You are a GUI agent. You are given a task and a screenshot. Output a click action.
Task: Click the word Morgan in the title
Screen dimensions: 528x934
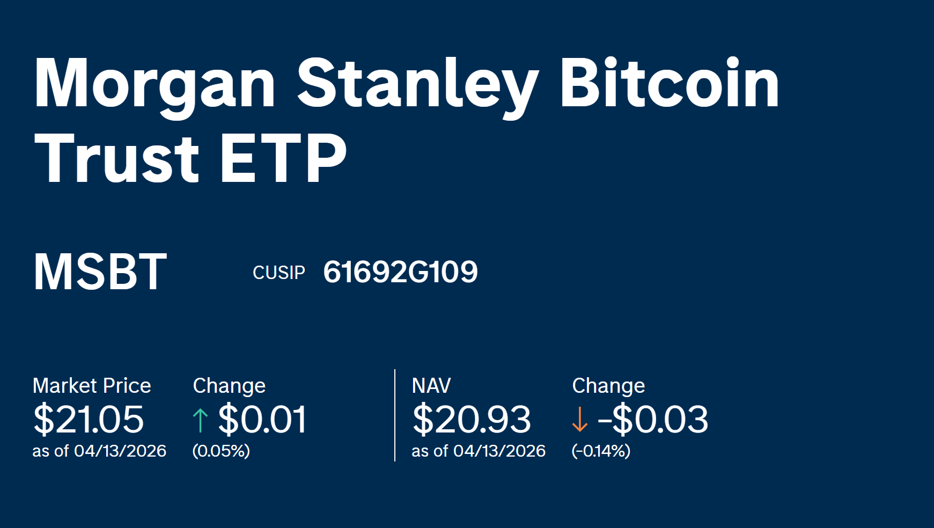click(155, 85)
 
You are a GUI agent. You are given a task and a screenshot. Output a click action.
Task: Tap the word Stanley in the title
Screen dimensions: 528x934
click(417, 85)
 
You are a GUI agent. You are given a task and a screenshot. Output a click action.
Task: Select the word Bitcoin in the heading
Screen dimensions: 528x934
click(669, 83)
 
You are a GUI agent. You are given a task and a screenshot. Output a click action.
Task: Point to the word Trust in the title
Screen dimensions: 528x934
click(116, 158)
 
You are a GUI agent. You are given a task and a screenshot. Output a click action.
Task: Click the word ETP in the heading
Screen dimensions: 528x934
click(283, 158)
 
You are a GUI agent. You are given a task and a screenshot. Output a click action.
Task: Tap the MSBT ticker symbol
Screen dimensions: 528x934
click(100, 272)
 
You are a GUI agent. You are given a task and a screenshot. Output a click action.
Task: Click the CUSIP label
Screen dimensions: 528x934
click(278, 273)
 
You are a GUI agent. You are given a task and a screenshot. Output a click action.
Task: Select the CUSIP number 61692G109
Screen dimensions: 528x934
click(400, 272)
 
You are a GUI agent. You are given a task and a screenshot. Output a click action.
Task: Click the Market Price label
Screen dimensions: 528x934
click(92, 386)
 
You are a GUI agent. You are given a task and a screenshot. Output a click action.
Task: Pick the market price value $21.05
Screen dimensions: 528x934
click(89, 419)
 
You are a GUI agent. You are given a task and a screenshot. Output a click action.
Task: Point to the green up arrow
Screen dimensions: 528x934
click(200, 420)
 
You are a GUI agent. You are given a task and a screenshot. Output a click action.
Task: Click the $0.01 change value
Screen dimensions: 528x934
click(262, 419)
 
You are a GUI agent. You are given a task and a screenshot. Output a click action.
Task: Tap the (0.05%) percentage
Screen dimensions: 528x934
click(221, 451)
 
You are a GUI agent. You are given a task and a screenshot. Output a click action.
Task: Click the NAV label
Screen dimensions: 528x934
click(431, 386)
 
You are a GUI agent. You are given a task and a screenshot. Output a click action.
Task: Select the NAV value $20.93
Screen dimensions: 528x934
click(472, 419)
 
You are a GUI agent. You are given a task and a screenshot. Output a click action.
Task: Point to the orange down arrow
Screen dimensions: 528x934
click(579, 420)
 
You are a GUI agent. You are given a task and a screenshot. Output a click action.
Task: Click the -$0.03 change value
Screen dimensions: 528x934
click(653, 419)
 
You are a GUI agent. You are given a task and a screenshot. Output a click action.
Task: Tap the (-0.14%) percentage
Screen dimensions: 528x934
click(601, 451)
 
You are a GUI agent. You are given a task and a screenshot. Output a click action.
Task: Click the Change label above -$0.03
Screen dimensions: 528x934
click(608, 386)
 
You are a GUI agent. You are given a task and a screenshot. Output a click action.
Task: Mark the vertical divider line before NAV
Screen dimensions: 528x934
click(395, 415)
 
